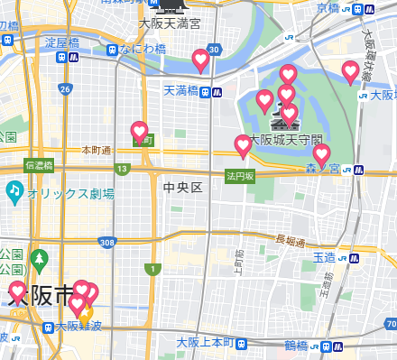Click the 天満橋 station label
[x=180, y=91]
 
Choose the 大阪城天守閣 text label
[x=284, y=141]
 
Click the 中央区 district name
[x=182, y=187]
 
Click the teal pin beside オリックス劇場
[x=14, y=192]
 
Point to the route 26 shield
[x=65, y=88]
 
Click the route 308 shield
[x=108, y=242]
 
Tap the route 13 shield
[x=122, y=168]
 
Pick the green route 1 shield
[x=154, y=269]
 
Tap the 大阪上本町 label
[x=205, y=343]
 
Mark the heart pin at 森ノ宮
[x=321, y=155]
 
